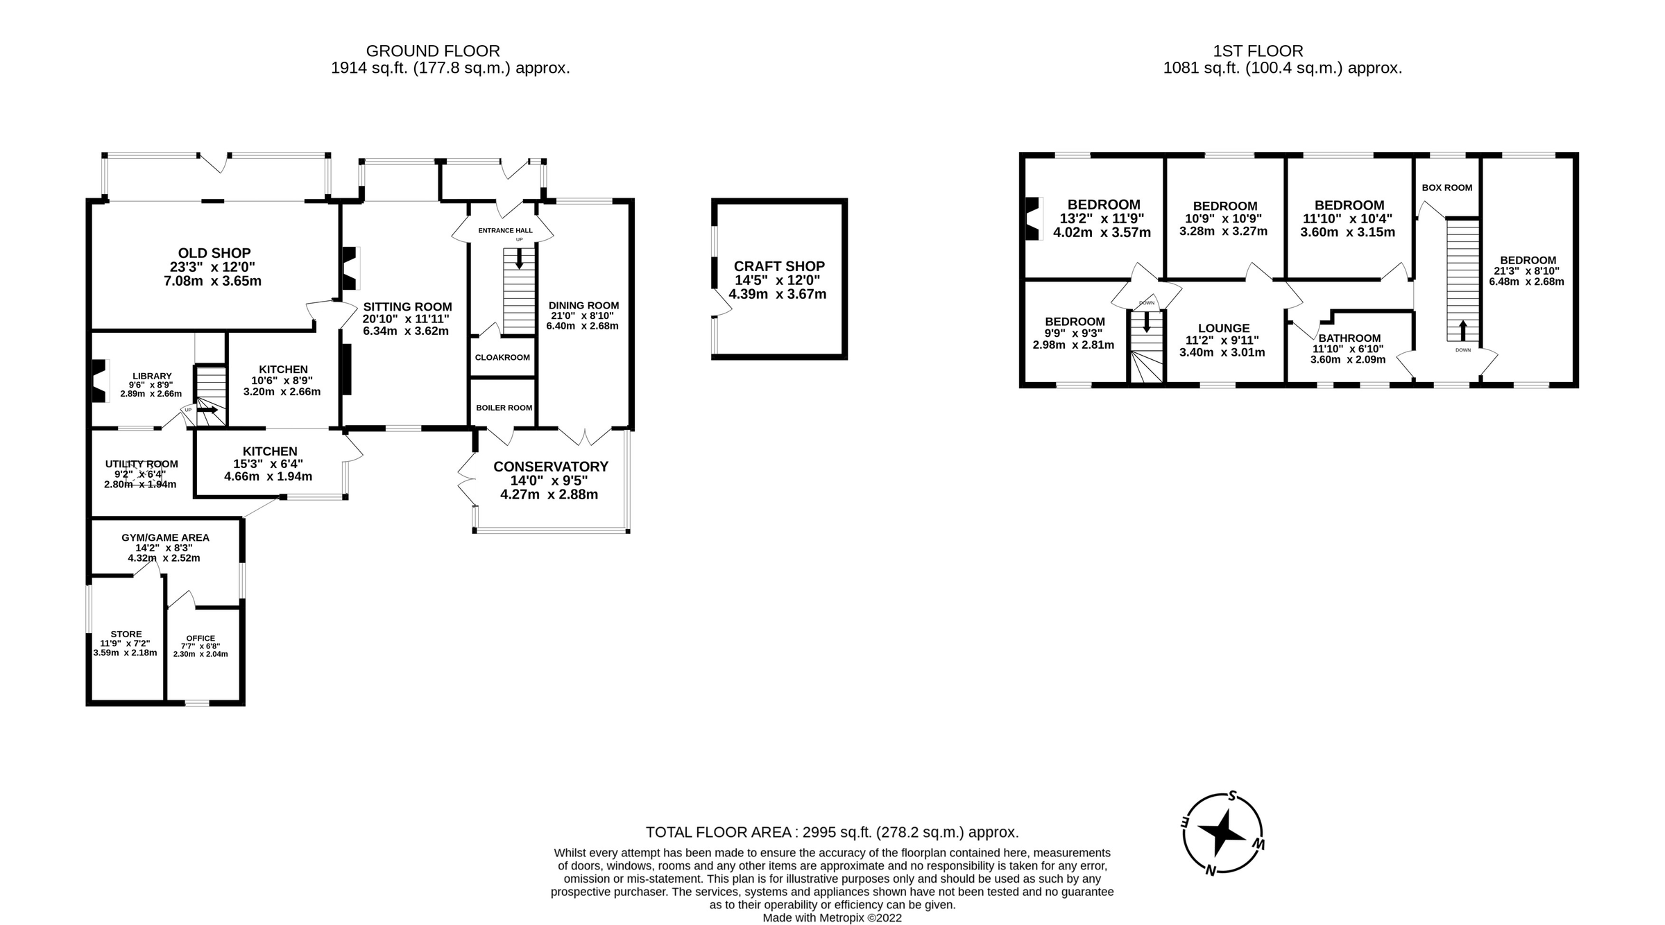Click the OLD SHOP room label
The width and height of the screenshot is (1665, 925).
[x=214, y=254]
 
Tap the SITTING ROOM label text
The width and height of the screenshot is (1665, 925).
[x=407, y=306]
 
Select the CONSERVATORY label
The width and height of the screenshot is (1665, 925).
[x=550, y=467]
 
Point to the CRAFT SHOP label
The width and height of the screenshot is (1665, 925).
[x=779, y=266]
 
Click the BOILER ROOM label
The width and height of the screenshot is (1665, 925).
[x=504, y=408]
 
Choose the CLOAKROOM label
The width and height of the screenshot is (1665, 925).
[x=502, y=358]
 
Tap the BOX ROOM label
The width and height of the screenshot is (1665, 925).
[x=1446, y=188]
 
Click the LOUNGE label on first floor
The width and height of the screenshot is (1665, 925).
[x=1224, y=329]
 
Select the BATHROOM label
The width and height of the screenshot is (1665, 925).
[x=1349, y=338]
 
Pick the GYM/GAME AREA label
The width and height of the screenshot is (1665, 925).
[x=165, y=537]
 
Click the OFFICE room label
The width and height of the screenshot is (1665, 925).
[x=200, y=639]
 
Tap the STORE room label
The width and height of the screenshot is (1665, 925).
[x=126, y=634]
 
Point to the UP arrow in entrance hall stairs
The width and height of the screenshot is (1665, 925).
[x=519, y=258]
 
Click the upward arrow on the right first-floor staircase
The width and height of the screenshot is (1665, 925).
[x=1463, y=328]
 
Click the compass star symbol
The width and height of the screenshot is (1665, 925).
[x=1222, y=831]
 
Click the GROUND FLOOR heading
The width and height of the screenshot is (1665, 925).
[x=433, y=51]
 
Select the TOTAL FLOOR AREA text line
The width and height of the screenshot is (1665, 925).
[x=832, y=832]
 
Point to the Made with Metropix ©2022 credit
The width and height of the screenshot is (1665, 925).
[x=832, y=918]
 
